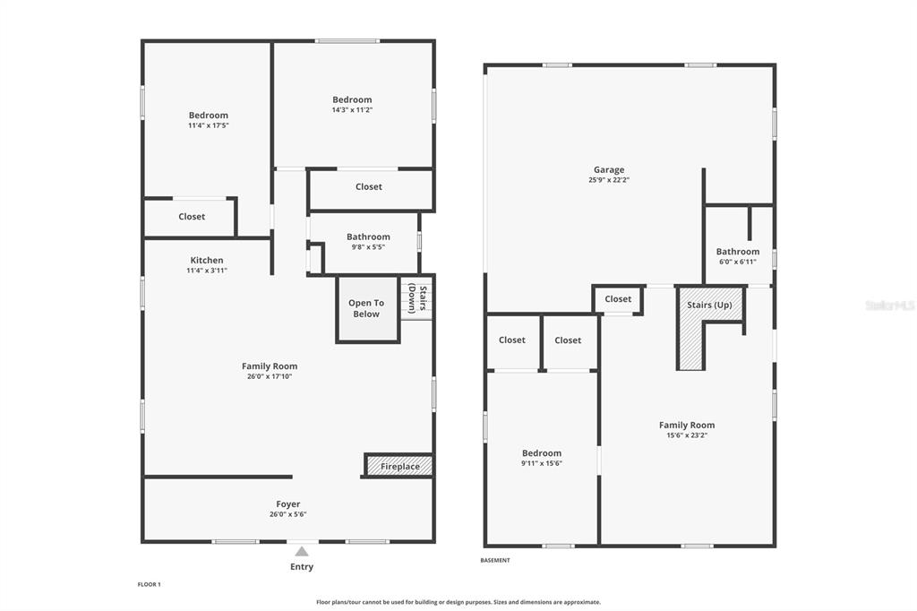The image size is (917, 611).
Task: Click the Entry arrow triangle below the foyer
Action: pos(301,551)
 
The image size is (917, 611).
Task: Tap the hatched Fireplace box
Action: pos(399,466)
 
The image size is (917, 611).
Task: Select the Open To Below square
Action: pos(367,309)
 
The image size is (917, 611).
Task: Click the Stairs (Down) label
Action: pos(417,298)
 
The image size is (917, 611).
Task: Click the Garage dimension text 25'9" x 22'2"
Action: pos(609,180)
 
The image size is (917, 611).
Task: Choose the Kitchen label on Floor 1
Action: pos(207,261)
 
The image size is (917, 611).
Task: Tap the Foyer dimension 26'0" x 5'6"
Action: pos(287,514)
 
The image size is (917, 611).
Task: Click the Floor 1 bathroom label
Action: pos(368,237)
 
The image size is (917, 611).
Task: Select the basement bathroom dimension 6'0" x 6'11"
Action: pos(738,262)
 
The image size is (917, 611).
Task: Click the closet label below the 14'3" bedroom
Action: pos(368,186)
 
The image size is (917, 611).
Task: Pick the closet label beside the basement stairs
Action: pos(618,299)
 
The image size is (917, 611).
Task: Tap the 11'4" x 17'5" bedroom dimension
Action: pos(208,125)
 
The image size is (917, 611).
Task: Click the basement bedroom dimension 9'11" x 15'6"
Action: pos(542,463)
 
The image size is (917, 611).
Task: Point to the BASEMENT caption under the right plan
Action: pos(494,561)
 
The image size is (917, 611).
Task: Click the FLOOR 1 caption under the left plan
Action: pos(150,585)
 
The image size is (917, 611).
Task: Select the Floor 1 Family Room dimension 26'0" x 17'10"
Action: pos(269,376)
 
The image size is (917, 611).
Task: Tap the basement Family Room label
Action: pos(687,426)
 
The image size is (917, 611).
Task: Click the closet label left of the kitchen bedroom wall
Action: pos(192,217)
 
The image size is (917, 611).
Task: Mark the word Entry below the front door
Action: pos(302,566)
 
